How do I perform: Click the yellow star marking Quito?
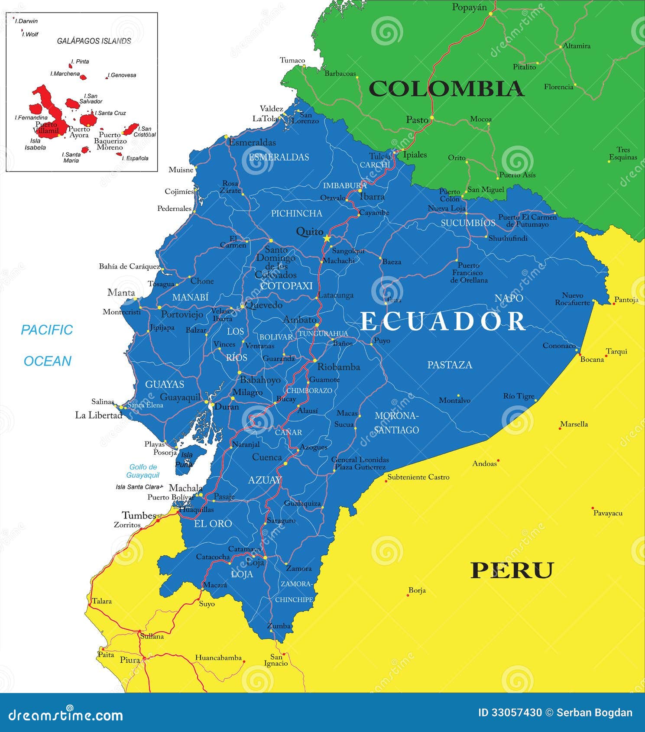tap(327, 239)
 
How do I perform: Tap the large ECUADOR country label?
tap(443, 321)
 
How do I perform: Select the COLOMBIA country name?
tap(446, 89)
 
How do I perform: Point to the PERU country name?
tap(512, 570)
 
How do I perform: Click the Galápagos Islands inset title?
tap(94, 41)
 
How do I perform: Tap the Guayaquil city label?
tap(180, 397)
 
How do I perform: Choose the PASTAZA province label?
tap(450, 365)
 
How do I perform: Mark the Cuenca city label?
tap(267, 457)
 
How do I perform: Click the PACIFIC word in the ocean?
tap(47, 330)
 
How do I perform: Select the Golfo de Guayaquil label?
tap(143, 471)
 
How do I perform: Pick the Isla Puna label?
tap(186, 460)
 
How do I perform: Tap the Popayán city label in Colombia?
tap(469, 7)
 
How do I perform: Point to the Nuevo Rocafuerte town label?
tap(572, 299)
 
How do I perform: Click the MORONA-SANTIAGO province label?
tap(396, 423)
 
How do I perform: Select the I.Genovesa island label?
tap(123, 75)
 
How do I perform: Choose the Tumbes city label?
tap(139, 515)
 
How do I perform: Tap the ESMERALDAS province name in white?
tap(279, 157)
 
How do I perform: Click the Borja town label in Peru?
tap(417, 590)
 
